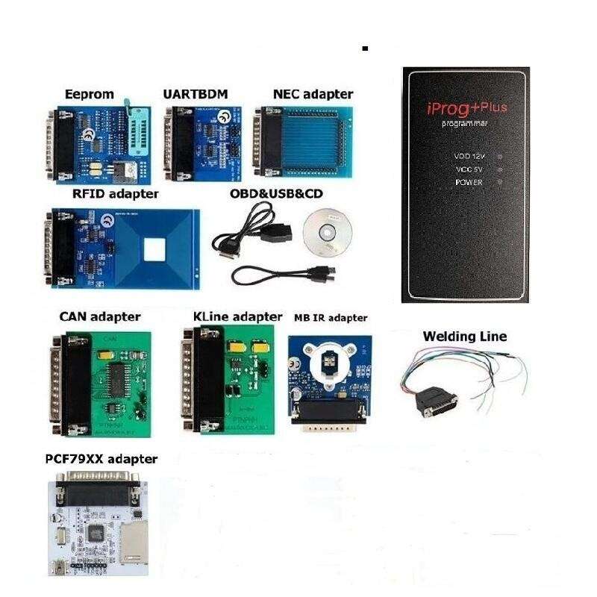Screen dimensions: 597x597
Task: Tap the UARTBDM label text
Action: pos(195,94)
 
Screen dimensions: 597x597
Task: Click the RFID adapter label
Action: pos(115,193)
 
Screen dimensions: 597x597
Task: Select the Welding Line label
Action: pos(464,337)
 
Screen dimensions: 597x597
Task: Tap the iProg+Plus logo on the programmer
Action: pos(467,108)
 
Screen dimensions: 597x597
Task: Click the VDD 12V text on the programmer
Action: pos(469,157)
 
